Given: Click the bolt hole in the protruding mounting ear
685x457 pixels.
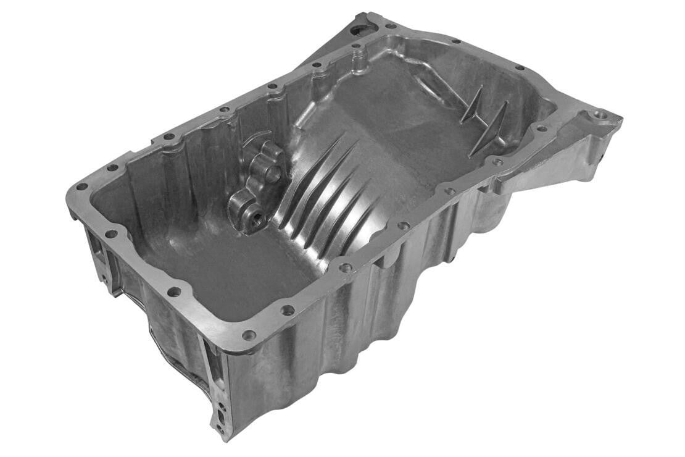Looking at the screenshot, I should pyautogui.click(x=599, y=115).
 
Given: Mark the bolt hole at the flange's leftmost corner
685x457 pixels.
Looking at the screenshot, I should pyautogui.click(x=81, y=187).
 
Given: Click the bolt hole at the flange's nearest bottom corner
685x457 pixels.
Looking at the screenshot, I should pyautogui.click(x=249, y=335).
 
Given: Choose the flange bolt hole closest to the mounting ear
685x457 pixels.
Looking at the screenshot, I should pyautogui.click(x=541, y=128).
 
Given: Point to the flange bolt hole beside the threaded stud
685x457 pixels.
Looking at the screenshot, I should pyautogui.click(x=356, y=46).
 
